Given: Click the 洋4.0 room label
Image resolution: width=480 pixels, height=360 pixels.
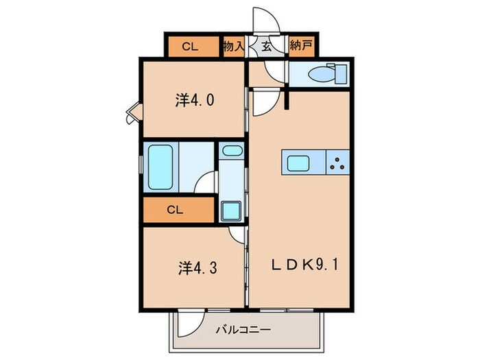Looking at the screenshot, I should pos(195,100).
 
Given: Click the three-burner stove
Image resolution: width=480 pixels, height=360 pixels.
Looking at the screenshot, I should pos(337,163).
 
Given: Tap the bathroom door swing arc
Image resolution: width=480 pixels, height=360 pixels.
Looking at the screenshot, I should pos(204,184).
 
